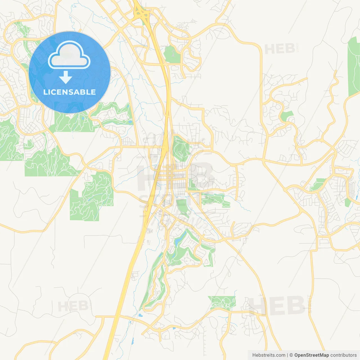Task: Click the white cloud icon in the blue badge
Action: click(x=69, y=55)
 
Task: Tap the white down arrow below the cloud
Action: click(x=66, y=77)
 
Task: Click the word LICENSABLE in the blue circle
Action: click(x=69, y=92)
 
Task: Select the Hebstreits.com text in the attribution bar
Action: click(x=269, y=355)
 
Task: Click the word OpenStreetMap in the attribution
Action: click(x=311, y=355)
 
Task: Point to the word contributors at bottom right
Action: click(x=343, y=355)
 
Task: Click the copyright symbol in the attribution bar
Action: click(x=291, y=355)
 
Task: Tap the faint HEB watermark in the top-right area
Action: click(x=280, y=49)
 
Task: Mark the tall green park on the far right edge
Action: click(x=354, y=67)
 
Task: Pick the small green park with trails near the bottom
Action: click(x=222, y=302)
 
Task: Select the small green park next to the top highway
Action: click(x=172, y=54)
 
